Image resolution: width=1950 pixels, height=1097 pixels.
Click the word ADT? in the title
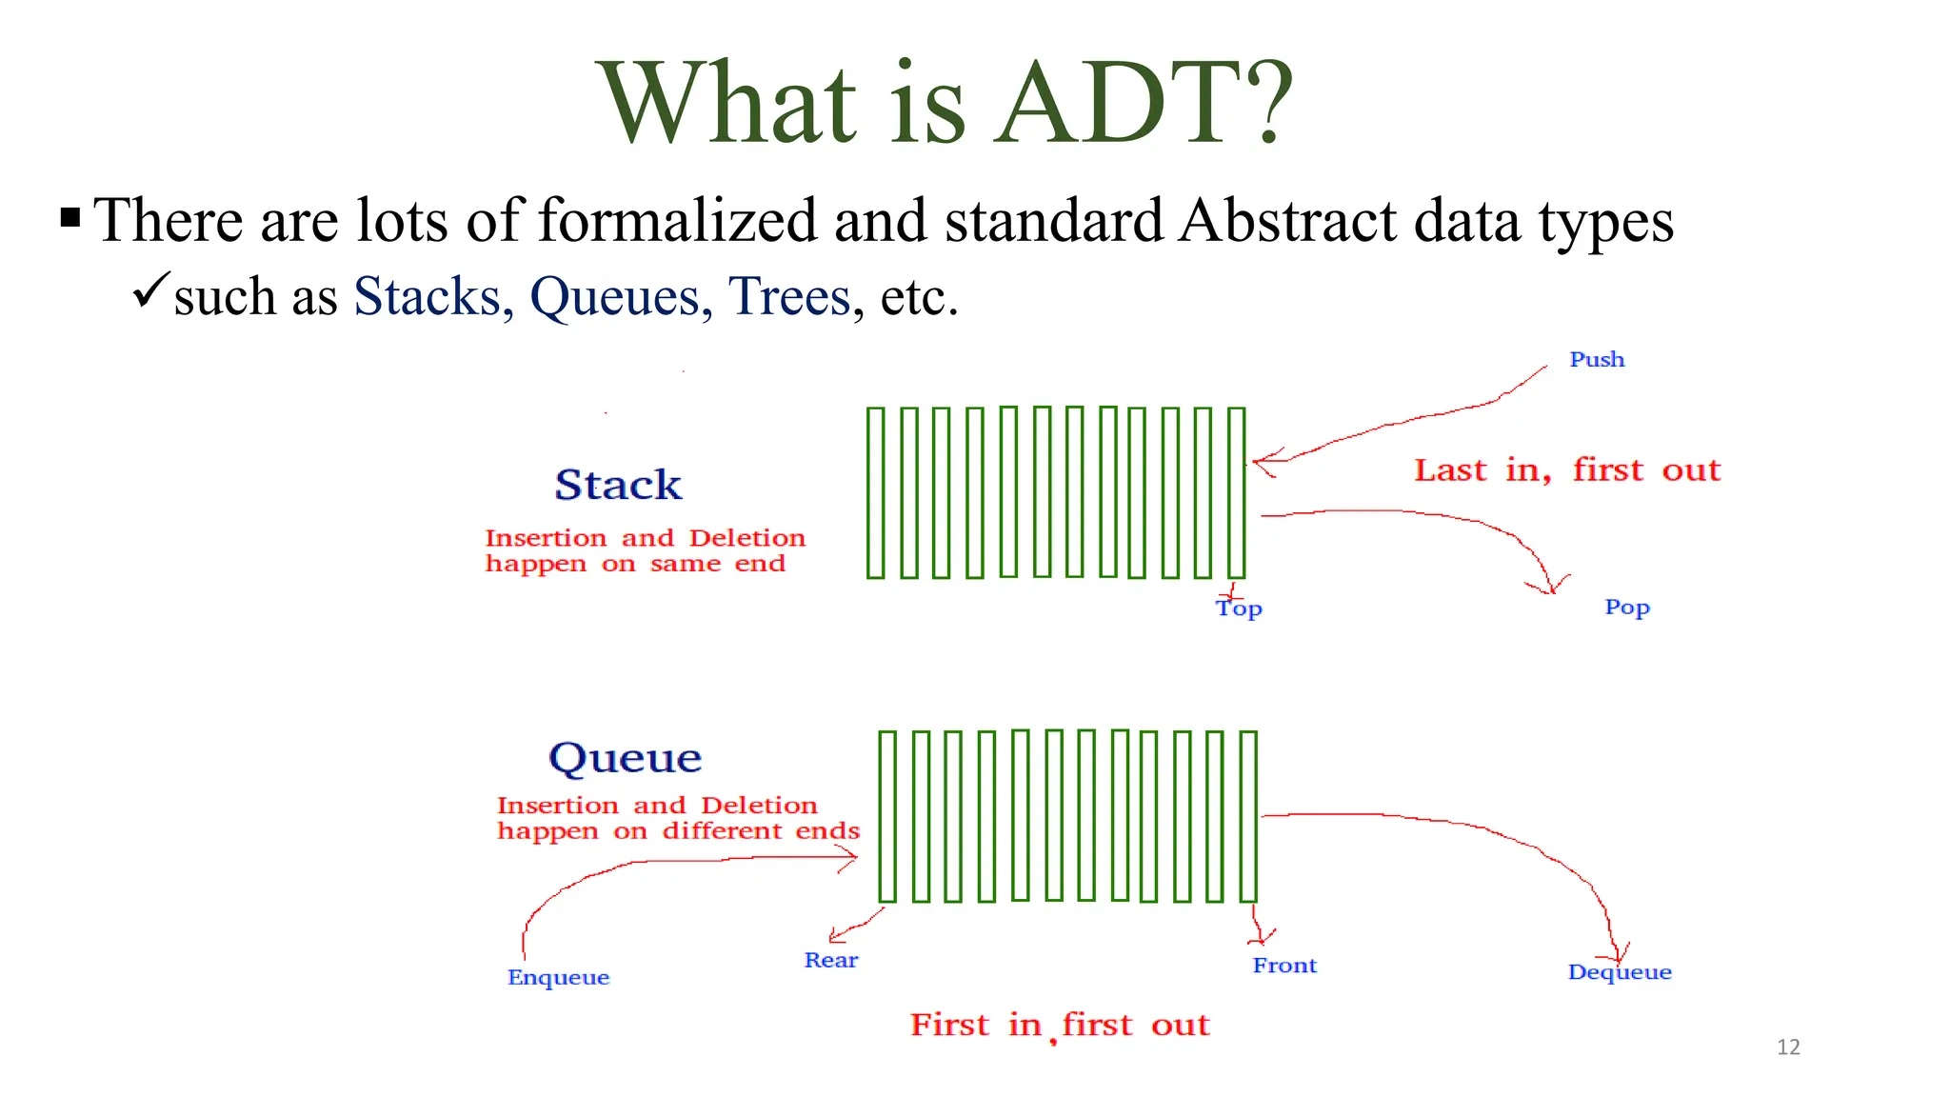(x=1143, y=103)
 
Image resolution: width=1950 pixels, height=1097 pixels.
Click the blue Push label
(x=1597, y=360)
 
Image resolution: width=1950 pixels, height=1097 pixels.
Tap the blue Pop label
(x=1626, y=608)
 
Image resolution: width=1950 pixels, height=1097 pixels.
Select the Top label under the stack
(x=1239, y=608)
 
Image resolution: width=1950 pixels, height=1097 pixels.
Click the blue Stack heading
(x=618, y=485)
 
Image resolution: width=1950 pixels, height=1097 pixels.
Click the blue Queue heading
(x=625, y=758)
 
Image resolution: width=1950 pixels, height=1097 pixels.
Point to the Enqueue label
(x=558, y=978)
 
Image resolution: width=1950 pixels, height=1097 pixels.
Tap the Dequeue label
(x=1619, y=972)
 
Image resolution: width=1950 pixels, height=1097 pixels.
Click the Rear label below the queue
(x=830, y=960)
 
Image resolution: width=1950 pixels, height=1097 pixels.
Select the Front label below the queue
(x=1284, y=966)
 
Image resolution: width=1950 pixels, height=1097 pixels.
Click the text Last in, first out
(x=1567, y=470)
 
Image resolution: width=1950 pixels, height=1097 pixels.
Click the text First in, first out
(x=1059, y=1026)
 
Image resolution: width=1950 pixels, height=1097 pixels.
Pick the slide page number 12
(x=1788, y=1047)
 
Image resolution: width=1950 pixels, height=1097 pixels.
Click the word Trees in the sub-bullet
(x=788, y=297)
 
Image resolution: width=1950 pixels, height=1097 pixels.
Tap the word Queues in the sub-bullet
(x=614, y=297)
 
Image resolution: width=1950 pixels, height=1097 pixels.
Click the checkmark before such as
(x=150, y=289)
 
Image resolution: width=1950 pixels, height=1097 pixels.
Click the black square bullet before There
(x=70, y=218)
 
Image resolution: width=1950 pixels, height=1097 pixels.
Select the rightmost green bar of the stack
(x=1236, y=492)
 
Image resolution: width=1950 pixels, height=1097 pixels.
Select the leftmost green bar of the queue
(x=887, y=816)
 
